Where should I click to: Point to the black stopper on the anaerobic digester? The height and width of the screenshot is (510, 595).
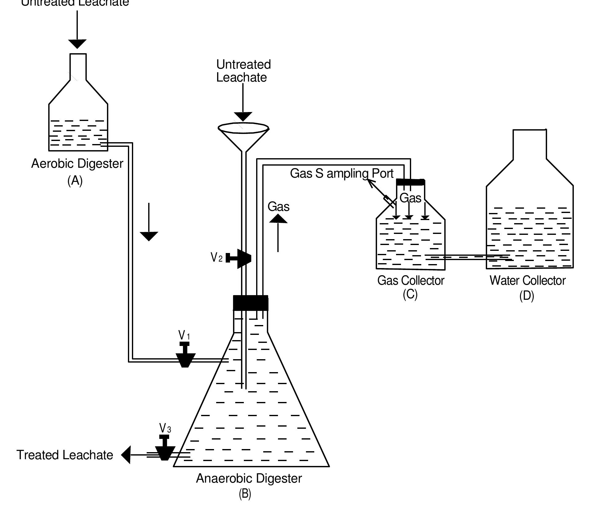pos(250,303)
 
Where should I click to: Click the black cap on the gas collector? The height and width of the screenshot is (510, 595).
pos(411,182)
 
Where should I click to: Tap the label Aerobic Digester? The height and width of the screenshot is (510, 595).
pos(77,163)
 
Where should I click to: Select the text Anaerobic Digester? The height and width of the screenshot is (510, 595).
pos(249,478)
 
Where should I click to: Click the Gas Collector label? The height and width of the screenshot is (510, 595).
pos(411,280)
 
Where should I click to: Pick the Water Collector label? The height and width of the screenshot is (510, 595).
pos(527,280)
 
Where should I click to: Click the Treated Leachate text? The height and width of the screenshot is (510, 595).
pos(65,455)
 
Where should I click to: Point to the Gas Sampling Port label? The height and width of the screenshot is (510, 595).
pos(341,173)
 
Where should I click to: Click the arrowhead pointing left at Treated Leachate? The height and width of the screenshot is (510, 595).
pos(126,455)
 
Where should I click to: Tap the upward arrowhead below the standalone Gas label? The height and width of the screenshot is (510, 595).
pos(278,219)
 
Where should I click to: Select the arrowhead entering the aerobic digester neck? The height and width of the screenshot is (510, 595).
pos(77,44)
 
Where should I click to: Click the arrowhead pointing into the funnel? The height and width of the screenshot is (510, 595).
pos(243,116)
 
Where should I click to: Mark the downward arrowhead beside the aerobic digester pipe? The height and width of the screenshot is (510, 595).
pos(149,236)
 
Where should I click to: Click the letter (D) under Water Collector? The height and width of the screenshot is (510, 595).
pos(526,296)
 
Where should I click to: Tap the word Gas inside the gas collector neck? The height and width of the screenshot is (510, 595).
pos(410,198)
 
